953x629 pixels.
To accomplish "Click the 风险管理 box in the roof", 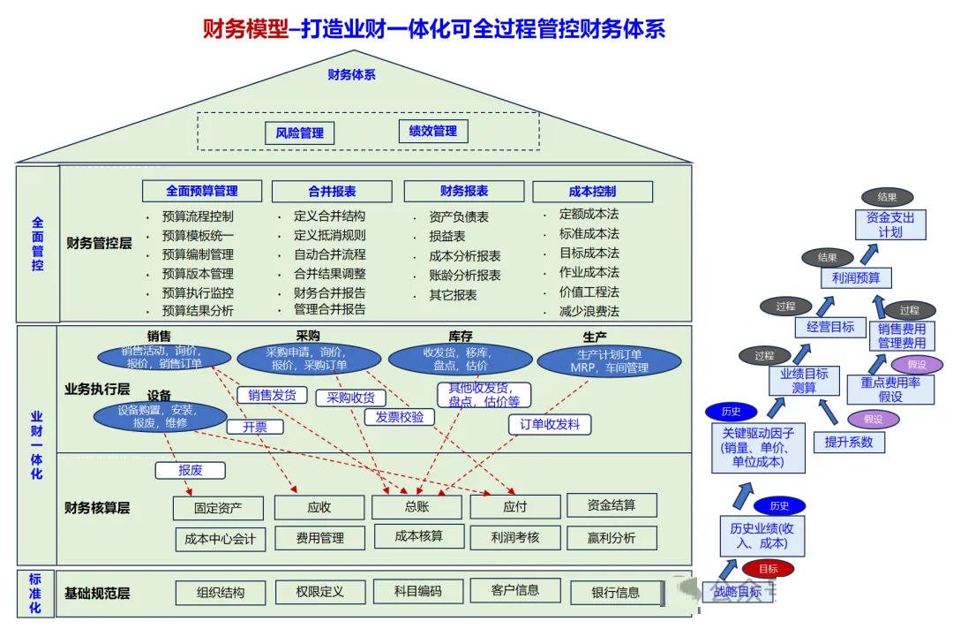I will [x=300, y=133].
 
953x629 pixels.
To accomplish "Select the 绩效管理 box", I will [x=432, y=132].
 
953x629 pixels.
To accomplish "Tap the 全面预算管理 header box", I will [x=202, y=191].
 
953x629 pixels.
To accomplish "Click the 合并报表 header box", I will [x=332, y=191].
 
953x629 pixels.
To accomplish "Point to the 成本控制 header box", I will [x=592, y=192].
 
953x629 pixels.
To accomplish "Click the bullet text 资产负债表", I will [x=459, y=216].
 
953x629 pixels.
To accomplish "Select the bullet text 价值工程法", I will [x=589, y=292].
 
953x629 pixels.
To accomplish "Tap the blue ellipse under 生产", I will [x=610, y=361].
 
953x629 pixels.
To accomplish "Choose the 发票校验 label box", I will [x=400, y=417].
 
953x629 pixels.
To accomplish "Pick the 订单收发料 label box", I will [x=550, y=424].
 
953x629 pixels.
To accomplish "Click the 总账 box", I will [x=416, y=507].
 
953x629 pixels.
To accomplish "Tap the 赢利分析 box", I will [x=612, y=537].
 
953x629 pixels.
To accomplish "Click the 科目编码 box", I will [x=416, y=591].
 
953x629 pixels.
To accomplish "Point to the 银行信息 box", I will [x=616, y=592].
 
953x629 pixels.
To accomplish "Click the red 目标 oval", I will [x=768, y=569].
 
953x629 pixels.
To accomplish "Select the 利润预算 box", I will [x=856, y=278].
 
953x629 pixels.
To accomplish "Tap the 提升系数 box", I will [x=849, y=442].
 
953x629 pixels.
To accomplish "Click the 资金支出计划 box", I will [x=890, y=224].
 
